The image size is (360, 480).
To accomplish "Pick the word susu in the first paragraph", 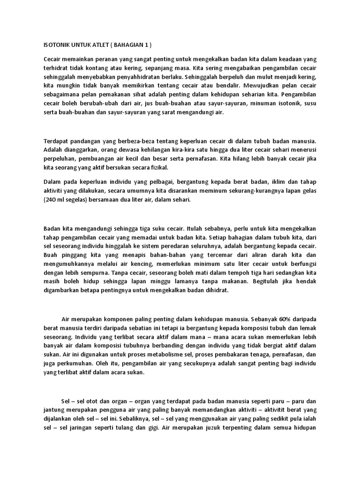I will click(x=310, y=107).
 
